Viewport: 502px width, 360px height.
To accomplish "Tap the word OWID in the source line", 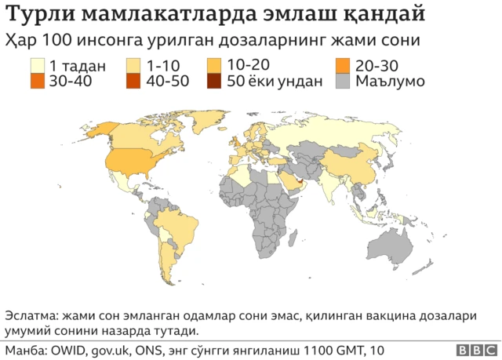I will click(x=67, y=349).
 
